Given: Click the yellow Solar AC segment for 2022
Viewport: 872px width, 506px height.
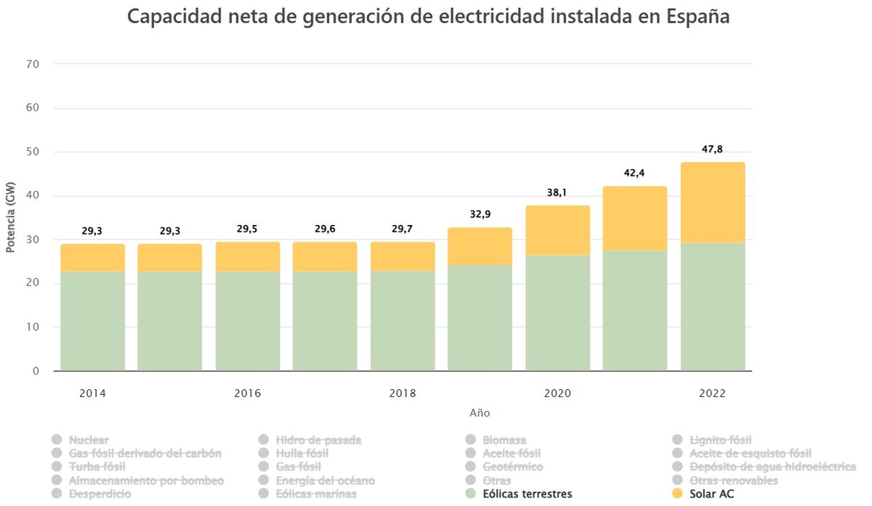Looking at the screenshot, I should pos(713,203).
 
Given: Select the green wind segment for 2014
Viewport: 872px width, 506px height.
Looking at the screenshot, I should pos(92,321).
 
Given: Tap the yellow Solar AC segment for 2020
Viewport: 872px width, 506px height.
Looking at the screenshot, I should pos(557,231).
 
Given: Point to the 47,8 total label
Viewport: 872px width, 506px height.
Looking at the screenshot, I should pos(713,149).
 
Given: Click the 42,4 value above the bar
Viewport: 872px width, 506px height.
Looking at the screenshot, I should pos(634,173).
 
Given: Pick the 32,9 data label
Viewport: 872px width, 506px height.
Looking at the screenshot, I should pos(480,214).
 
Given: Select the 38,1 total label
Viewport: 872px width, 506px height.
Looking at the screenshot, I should pos(557,193).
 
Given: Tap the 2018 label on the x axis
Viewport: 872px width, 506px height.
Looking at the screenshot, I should pos(403,393).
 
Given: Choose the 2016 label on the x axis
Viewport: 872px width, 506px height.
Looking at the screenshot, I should pos(247,393).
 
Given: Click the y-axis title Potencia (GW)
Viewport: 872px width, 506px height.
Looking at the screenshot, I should pos(10,218).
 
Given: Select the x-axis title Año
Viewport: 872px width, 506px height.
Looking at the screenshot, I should pos(480,413).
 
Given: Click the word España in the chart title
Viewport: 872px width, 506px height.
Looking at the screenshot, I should pos(698,17).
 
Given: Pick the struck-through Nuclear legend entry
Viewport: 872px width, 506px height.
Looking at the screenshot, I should pos(89,440).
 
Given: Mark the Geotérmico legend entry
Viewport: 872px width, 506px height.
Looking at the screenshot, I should pos(512,467).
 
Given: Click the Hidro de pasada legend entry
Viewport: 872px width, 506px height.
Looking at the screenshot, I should pos(318,440).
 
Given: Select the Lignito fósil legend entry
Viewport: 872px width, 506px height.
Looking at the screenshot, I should pos(720,440).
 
